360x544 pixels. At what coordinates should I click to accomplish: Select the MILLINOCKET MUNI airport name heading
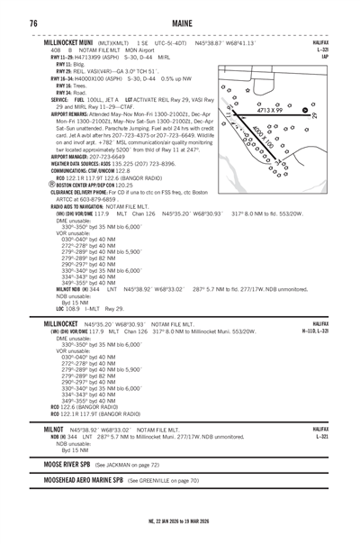78,42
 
